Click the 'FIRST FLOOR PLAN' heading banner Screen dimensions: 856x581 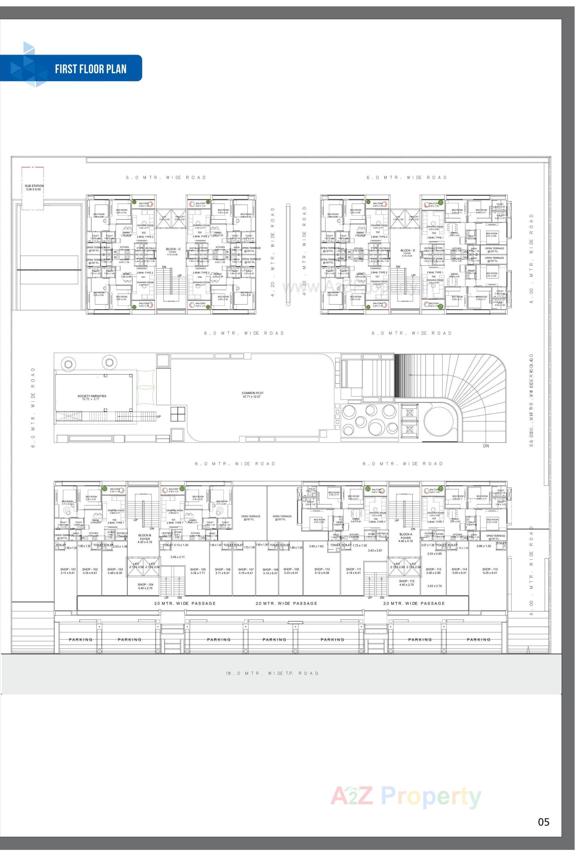90,69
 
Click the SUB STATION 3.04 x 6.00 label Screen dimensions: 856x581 34,187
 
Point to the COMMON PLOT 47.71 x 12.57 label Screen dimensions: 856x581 252,394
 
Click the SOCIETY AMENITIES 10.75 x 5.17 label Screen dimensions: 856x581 92,397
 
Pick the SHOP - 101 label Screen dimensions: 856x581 68,571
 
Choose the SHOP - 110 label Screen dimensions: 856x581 322,571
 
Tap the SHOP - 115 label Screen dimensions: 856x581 490,571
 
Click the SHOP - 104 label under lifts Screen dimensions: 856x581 145,586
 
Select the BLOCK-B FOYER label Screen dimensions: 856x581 145,538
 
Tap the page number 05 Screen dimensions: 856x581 543,822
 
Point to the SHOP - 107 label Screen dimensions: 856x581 246,571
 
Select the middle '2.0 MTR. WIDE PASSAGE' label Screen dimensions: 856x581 286,603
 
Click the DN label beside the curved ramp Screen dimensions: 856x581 486,446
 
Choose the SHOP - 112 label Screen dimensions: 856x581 406,583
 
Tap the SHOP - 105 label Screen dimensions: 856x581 198,571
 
